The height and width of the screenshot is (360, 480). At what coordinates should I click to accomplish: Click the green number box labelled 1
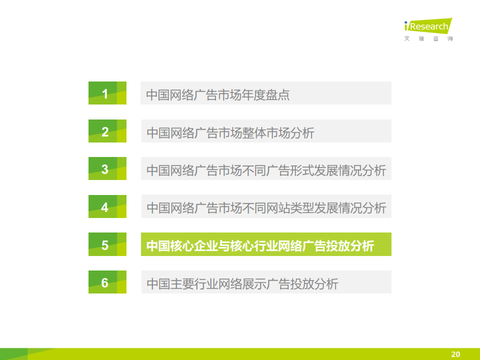(107, 93)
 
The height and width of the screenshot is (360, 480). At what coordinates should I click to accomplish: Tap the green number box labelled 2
(107, 131)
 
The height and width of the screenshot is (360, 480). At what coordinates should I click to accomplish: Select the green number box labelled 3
(107, 168)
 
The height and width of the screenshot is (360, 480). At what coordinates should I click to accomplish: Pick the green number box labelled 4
(107, 206)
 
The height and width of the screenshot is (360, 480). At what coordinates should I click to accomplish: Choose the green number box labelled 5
(107, 244)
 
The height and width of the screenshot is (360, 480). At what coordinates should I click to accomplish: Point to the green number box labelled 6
(107, 282)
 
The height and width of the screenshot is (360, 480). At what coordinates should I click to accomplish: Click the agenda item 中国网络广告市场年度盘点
(217, 94)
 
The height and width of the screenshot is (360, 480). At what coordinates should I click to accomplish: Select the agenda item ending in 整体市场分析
(230, 133)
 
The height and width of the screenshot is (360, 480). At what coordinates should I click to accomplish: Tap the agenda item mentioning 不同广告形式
(266, 170)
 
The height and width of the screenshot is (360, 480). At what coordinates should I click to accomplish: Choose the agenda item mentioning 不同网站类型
(266, 208)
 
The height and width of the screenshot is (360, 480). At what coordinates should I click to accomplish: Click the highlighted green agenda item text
(260, 246)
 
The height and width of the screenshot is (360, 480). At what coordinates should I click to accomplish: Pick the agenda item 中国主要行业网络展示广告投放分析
(242, 284)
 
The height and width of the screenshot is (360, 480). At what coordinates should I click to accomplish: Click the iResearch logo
(428, 25)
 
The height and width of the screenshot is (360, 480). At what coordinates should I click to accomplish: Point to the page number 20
(455, 354)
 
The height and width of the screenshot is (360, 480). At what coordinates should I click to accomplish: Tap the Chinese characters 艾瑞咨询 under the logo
(428, 38)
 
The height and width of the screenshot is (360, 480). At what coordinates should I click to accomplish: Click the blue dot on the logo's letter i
(406, 22)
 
